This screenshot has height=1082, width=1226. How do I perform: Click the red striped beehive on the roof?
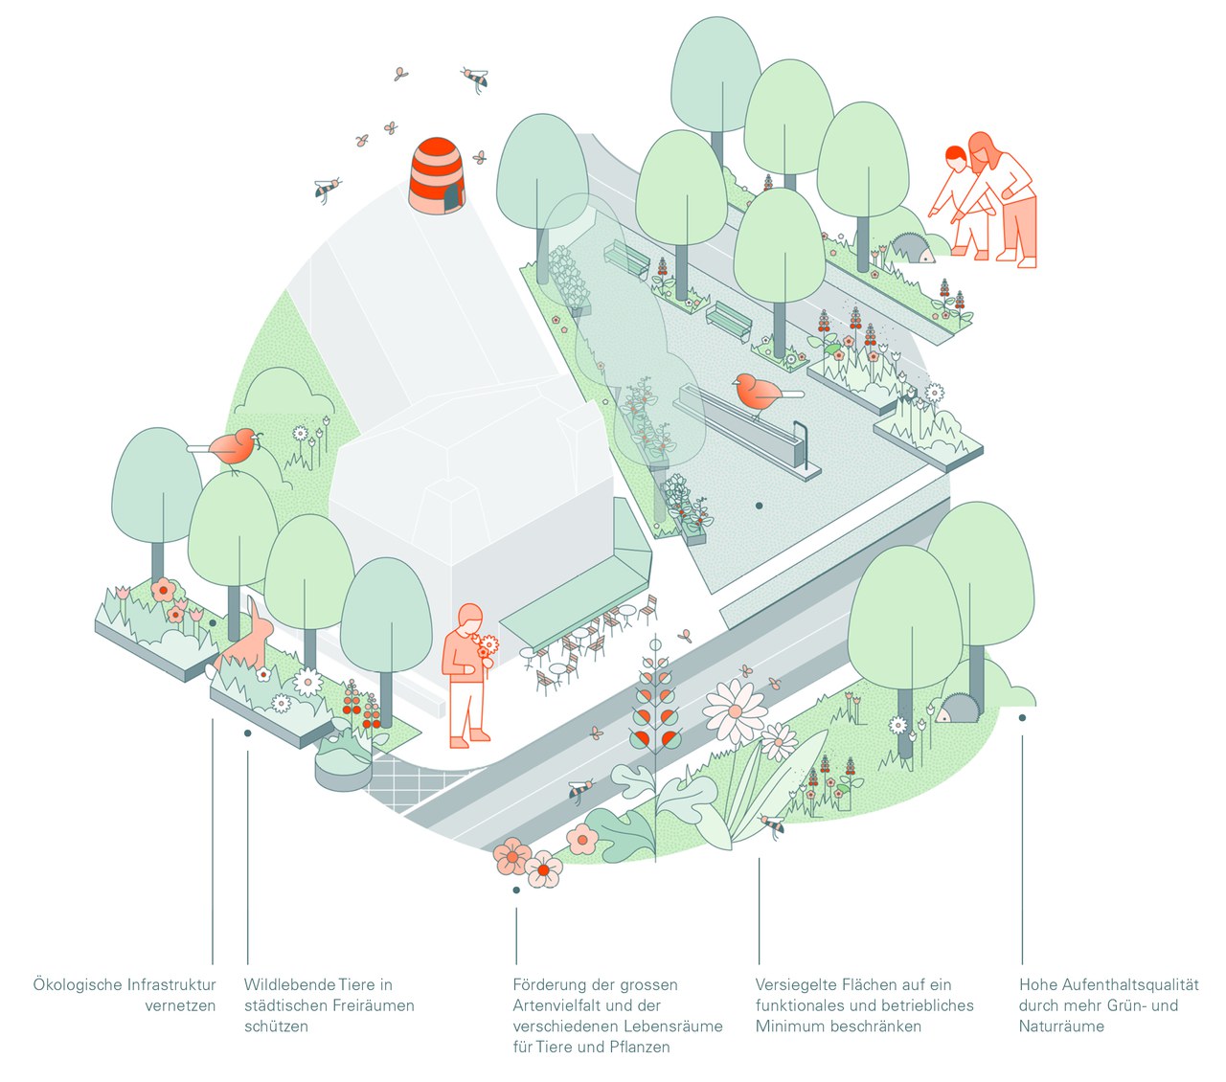coord(439,175)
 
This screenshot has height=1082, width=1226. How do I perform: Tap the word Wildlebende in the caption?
coord(288,984)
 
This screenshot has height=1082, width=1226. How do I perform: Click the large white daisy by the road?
coord(735,710)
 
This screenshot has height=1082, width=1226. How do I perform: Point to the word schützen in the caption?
coord(276,1026)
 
